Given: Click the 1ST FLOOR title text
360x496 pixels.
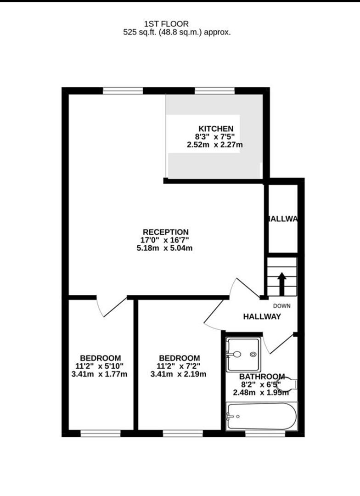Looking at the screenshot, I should tap(166, 23).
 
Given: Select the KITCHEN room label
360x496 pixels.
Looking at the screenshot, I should tap(216, 129).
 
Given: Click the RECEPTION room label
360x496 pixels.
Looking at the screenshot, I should tap(165, 232).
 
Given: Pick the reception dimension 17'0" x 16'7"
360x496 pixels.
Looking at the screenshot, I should tap(165, 240).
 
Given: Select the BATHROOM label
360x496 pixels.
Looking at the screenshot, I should tap(262, 376).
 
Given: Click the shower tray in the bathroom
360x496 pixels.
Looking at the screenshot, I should tap(244, 354).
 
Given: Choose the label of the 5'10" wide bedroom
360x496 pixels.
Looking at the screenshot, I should tap(101, 358).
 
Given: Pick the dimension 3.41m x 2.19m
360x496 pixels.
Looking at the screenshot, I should tap(179, 374).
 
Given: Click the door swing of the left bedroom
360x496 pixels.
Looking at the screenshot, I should tap(110, 307).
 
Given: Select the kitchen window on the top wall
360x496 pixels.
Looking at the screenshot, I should tap(215, 91).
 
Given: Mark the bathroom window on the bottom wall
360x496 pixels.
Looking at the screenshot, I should tap(264, 433).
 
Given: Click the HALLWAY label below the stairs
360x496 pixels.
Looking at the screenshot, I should tap(262, 316).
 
